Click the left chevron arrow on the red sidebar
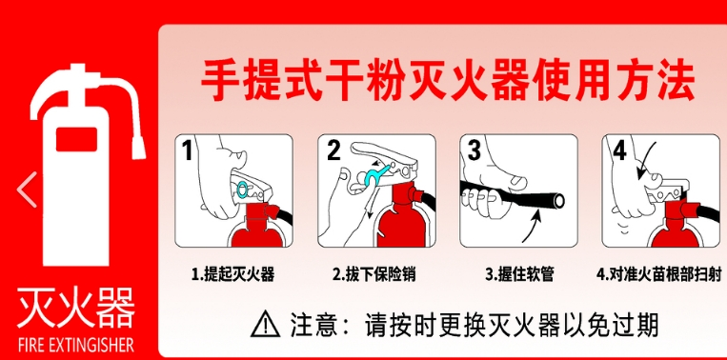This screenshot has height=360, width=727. [27, 190]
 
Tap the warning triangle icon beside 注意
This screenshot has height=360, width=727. [265, 324]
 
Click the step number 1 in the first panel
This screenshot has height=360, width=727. [187, 150]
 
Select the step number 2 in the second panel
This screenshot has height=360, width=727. [333, 150]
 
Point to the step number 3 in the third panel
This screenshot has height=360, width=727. [475, 150]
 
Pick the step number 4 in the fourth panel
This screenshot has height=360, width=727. [620, 150]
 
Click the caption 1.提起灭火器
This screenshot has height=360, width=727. [233, 274]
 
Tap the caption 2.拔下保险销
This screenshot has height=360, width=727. [374, 274]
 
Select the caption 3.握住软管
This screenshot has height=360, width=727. [519, 274]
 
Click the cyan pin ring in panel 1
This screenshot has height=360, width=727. [242, 189]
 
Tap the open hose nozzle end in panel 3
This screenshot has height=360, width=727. [557, 201]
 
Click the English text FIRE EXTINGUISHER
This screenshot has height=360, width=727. [75, 345]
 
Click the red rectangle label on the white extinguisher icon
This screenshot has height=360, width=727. [76, 139]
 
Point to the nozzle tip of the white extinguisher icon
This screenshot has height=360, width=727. [138, 150]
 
